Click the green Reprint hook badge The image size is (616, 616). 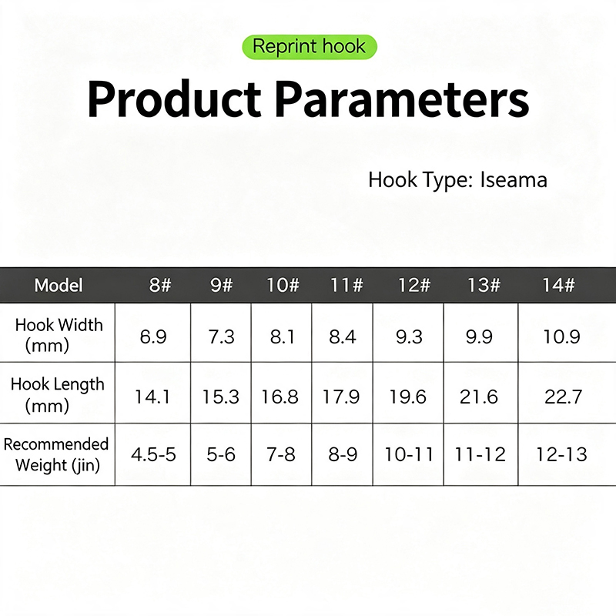pyautogui.click(x=310, y=47)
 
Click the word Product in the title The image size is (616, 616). pyautogui.click(x=174, y=99)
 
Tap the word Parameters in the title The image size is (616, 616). pyautogui.click(x=401, y=99)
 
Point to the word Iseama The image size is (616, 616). pyautogui.click(x=514, y=180)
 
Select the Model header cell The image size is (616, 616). pyautogui.click(x=59, y=285)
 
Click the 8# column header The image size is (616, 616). pyautogui.click(x=160, y=285)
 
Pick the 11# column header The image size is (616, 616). pyautogui.click(x=346, y=285)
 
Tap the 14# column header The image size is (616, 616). pyautogui.click(x=559, y=285)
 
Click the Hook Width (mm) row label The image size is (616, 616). pyautogui.click(x=59, y=335)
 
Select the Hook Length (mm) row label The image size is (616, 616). pyautogui.click(x=57, y=394)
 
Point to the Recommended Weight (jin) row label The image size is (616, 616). pyautogui.click(x=55, y=454)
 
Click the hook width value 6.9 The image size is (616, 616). pyautogui.click(x=153, y=336)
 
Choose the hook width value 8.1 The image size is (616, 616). pyautogui.click(x=282, y=336)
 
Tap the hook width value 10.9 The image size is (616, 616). pyautogui.click(x=561, y=336)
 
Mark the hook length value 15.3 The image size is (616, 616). pyautogui.click(x=220, y=397)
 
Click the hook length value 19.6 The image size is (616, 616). pyautogui.click(x=408, y=397)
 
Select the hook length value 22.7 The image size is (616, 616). pyautogui.click(x=563, y=397)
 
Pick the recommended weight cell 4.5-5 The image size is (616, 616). pyautogui.click(x=153, y=454)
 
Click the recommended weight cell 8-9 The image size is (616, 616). pyautogui.click(x=343, y=454)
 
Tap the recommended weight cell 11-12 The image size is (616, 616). pyautogui.click(x=480, y=454)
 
